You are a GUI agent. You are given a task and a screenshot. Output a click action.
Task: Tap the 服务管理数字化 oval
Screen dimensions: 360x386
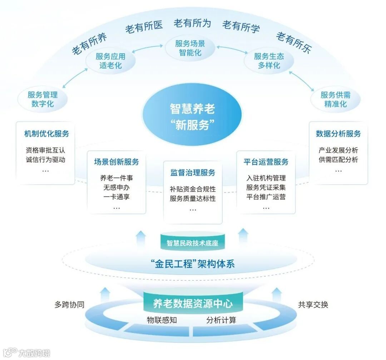43,99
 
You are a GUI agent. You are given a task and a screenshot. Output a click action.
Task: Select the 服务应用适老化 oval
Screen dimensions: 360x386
110,61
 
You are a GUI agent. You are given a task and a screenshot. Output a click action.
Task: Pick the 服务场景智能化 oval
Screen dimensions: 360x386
190,48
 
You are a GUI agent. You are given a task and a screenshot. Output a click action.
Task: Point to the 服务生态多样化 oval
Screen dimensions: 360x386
269,61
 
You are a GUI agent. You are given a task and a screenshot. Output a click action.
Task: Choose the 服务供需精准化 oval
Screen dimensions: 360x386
335,99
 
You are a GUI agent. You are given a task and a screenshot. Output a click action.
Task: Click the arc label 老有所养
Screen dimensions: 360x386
89,45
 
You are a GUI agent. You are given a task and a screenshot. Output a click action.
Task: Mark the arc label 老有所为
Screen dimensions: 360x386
192,24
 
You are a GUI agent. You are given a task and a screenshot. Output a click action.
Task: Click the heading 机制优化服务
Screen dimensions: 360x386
46,134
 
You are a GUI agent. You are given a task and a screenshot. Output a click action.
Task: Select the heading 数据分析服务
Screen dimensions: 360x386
338,134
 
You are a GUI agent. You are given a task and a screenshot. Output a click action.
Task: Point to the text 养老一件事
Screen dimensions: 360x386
117,178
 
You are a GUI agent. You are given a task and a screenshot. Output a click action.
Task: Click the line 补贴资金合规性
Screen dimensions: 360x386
193,189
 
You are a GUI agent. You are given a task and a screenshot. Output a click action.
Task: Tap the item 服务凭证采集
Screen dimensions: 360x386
266,187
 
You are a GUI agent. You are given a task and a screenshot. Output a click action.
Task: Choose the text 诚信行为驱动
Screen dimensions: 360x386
46,160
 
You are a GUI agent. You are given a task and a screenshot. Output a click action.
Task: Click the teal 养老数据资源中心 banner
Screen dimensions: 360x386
193,304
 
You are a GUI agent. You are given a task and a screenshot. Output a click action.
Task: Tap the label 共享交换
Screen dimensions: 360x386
313,305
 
